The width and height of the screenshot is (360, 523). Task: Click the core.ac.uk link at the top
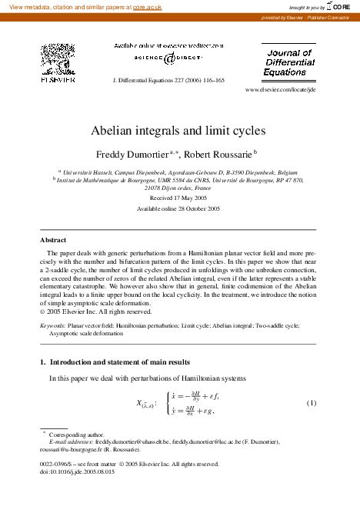(145, 6)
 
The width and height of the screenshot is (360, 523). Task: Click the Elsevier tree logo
(55, 59)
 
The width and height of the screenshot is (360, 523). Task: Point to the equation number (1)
(312, 404)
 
